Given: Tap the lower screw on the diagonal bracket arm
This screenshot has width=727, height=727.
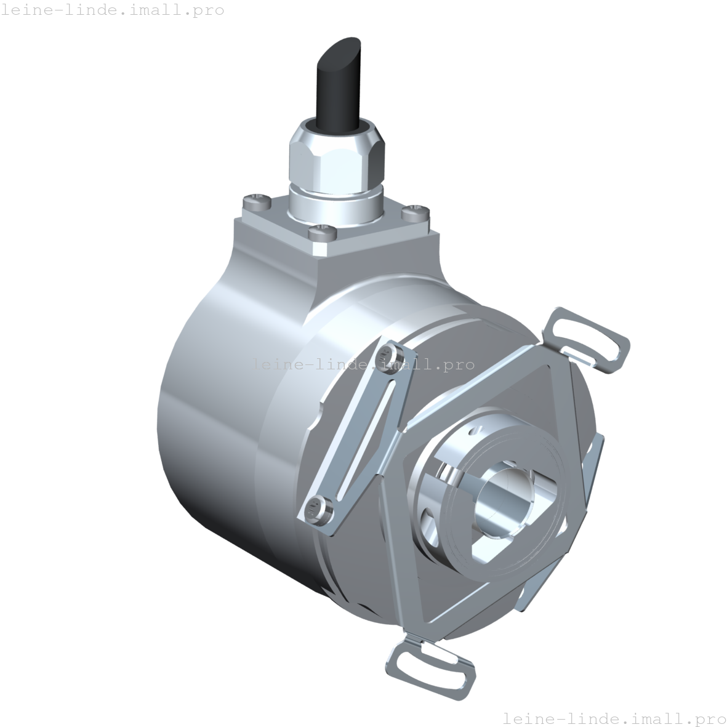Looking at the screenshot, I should [x=315, y=508].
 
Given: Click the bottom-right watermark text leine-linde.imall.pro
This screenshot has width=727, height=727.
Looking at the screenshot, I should [x=614, y=718].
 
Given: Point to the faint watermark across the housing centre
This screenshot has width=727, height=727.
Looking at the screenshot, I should [x=357, y=364].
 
